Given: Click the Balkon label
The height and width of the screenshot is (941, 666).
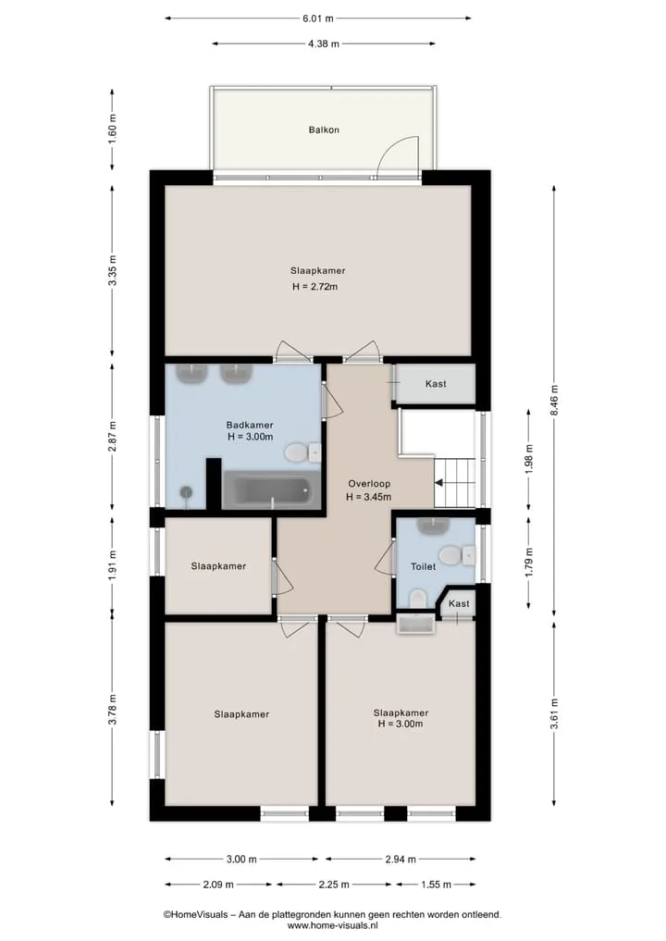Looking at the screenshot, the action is tap(324, 130).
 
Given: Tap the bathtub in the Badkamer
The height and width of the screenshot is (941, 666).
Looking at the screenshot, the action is tap(272, 490).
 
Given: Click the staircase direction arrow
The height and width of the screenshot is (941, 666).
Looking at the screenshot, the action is tap(439, 482).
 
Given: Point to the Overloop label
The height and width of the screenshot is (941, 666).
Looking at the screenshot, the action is tap(369, 484).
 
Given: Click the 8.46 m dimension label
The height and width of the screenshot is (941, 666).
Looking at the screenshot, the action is tap(554, 401).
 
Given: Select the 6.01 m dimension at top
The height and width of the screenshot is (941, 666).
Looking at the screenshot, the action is tap(318, 19).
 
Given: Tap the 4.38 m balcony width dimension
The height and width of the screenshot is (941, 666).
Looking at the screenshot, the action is tap(324, 43).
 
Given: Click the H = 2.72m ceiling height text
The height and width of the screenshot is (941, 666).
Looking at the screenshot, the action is tap(315, 287).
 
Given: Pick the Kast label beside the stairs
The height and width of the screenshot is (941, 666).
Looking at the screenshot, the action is tap(436, 384).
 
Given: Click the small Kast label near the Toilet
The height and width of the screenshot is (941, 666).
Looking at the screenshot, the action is tap(459, 603).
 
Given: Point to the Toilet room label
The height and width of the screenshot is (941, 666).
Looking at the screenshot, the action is tap(423, 566).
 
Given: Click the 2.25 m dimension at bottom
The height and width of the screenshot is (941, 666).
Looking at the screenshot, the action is tap(334, 885).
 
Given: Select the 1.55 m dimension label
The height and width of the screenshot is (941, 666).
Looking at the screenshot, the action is tap(436, 885).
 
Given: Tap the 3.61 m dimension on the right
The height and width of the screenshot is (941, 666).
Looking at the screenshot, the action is tap(554, 714).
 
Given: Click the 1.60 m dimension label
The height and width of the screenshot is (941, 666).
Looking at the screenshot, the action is tap(112, 129).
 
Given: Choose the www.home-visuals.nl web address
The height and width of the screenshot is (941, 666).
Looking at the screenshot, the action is tap(332, 925).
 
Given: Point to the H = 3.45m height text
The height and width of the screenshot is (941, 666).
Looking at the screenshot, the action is tap(368, 497).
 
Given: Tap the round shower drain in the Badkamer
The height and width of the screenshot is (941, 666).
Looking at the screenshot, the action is tap(187, 492).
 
